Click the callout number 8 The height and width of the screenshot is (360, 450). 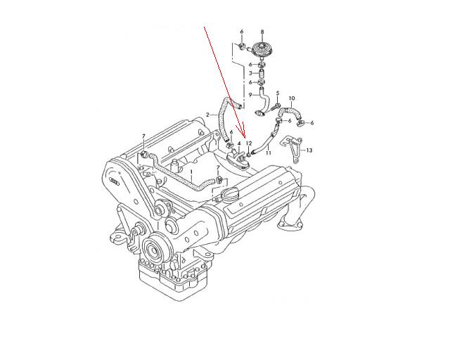pos(262,32)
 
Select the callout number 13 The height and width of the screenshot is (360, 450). pos(309,150)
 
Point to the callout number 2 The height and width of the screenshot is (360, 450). pos(208,115)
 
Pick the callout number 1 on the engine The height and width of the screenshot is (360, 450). pos(191,172)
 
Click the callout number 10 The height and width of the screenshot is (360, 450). pos(292,98)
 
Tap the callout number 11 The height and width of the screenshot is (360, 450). pos(269,153)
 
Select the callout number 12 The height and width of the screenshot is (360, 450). pos(249,143)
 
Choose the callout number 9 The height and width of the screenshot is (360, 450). pos(250,95)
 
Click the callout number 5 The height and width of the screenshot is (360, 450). pos(278,93)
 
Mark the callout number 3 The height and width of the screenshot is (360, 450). pos(250,73)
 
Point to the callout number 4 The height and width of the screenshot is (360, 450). pos(239,143)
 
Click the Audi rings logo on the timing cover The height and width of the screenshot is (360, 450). pos(115,181)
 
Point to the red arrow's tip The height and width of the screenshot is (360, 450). pos(245,137)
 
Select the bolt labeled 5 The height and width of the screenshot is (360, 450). pos(275,107)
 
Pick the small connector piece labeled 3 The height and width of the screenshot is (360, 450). pos(261,74)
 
